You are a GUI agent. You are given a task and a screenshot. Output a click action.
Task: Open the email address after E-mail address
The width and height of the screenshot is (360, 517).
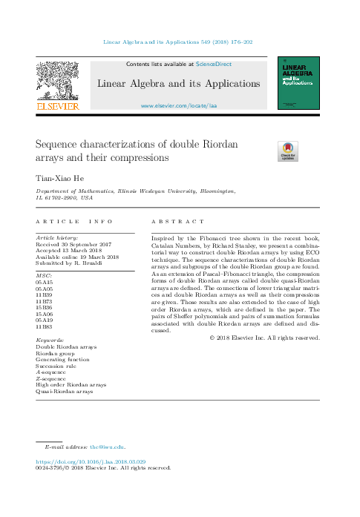pos(107,447)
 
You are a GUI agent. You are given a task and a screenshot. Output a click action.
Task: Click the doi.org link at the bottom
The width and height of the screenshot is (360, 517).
pos(86,461)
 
